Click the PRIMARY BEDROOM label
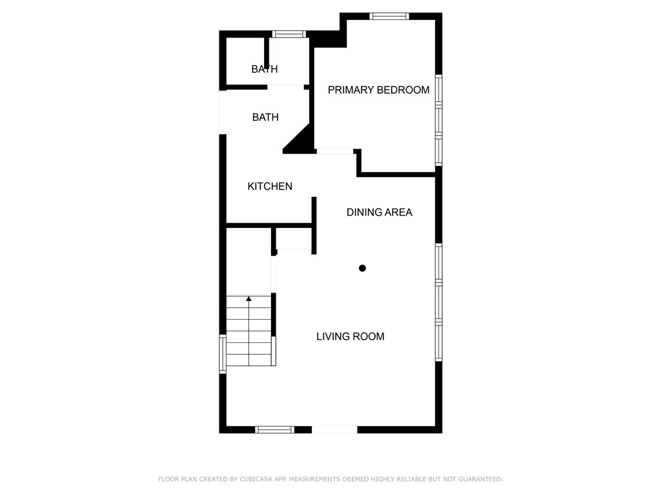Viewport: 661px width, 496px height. pos(378,90)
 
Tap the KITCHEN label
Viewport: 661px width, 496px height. pos(270,187)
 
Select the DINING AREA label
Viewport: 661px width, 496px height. pos(379,212)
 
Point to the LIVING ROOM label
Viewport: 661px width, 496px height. pos(350,336)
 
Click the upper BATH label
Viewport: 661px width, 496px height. pos(265,69)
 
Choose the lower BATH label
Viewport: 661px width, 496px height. pos(265,118)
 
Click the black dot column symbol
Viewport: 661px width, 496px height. pos(362,268)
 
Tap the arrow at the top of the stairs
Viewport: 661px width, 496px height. pos(249,298)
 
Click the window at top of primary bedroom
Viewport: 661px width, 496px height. pos(389,16)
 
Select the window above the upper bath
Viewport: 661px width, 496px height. pos(288,34)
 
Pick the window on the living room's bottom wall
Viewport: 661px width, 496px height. pos(275,429)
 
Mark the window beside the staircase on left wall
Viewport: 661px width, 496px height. pos(223,353)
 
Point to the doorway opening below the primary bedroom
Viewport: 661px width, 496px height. pos(335,151)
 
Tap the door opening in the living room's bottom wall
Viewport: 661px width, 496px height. pos(334,429)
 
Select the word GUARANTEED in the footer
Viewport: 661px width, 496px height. pos(478,479)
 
